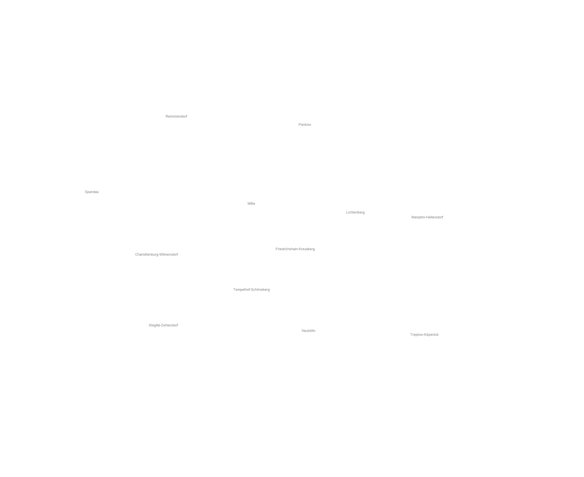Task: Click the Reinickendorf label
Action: click(176, 116)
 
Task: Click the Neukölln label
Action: click(308, 331)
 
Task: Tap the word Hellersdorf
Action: click(434, 217)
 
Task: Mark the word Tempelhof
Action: click(241, 290)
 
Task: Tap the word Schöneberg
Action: click(260, 290)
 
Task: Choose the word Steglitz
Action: click(154, 325)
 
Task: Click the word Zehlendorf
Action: click(170, 325)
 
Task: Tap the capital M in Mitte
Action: click(249, 204)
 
